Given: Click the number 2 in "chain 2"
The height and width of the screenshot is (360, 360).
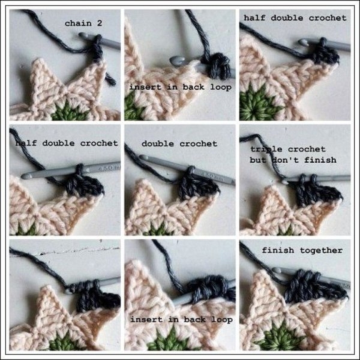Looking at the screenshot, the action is [x=100, y=23].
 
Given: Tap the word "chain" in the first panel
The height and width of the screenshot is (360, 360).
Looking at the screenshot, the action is [x=78, y=23].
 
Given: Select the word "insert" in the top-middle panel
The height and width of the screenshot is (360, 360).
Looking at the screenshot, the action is [x=145, y=87].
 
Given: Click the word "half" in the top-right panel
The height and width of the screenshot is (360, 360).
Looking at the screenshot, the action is [x=254, y=18].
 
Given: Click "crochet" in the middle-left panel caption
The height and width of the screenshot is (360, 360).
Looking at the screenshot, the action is [x=99, y=143].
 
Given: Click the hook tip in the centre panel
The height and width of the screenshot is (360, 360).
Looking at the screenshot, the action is [x=143, y=157].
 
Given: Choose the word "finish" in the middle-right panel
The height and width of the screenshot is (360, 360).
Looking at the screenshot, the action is [x=320, y=160].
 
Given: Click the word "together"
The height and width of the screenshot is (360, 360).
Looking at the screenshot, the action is [x=322, y=250].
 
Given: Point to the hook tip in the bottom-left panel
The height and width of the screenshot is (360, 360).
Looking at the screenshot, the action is [x=68, y=292].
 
